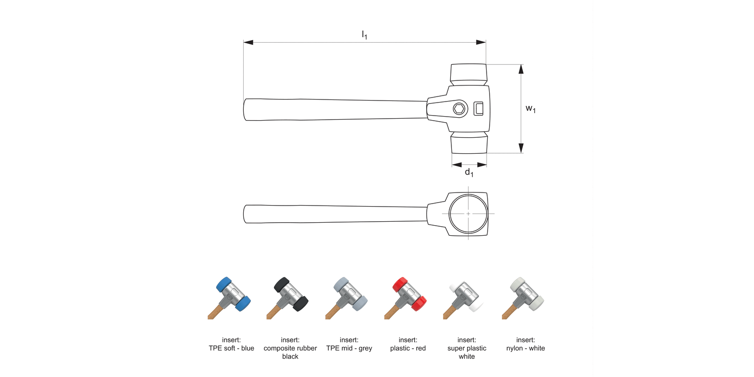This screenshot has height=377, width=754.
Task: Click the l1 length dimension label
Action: pos(364,35)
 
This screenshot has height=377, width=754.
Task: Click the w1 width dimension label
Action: pos(530,108)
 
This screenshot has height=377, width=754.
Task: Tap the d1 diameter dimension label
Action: pos(468,172)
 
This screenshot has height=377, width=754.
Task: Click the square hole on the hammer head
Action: pos(479,108)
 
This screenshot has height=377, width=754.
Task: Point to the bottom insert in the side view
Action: pos(468,143)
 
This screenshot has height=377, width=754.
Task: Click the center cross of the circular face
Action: pos(468,214)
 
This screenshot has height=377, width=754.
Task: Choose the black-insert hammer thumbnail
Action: pos(290,298)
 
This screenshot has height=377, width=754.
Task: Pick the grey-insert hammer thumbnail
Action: pos(349,298)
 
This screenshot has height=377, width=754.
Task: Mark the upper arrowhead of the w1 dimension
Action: pos(521,69)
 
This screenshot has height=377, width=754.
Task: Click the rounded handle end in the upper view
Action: pos(246,110)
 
